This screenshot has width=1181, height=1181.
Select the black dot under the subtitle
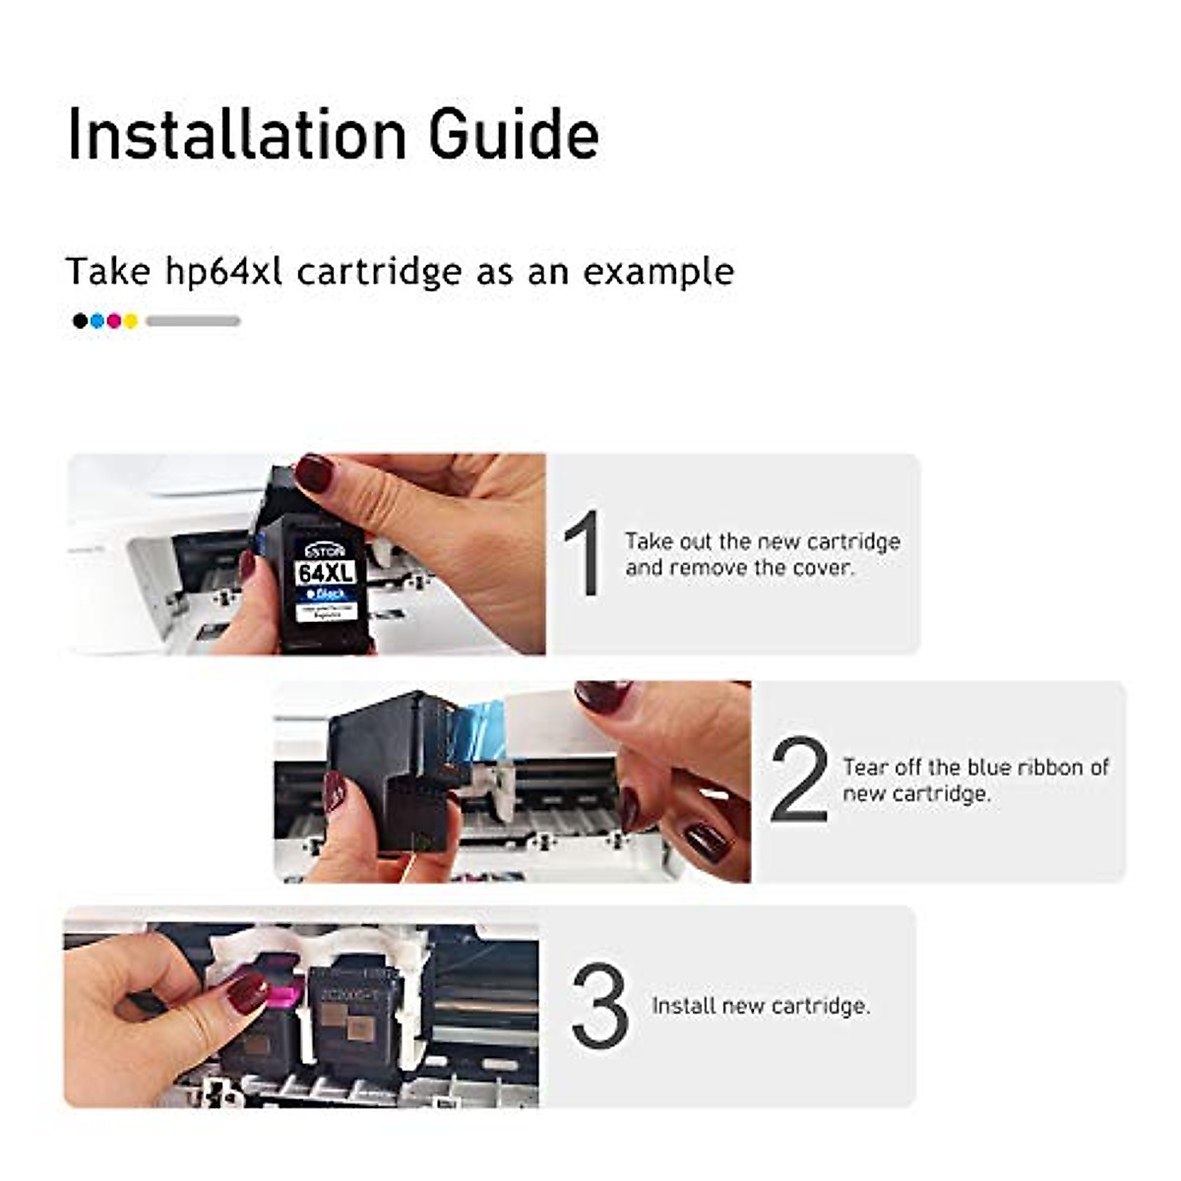coord(80,321)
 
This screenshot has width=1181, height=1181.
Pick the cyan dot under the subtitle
coord(96,321)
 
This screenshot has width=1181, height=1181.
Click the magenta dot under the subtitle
coord(113,321)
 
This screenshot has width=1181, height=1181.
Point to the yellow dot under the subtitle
coord(130,321)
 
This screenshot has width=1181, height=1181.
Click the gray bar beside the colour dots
coord(193,321)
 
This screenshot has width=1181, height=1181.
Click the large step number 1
coord(583,554)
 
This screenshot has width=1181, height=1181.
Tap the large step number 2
coord(799,779)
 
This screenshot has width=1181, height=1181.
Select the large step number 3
coord(599,1006)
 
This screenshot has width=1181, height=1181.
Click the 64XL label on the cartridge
coord(326,572)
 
